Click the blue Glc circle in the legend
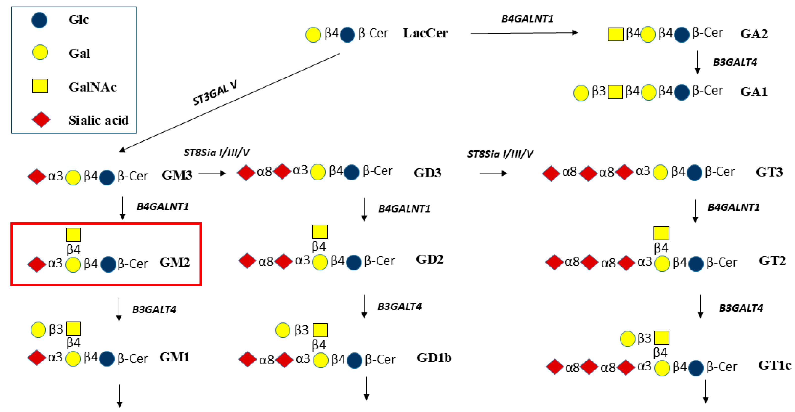[40, 20]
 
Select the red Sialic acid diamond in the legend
[41, 120]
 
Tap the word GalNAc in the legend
[92, 87]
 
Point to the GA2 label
[754, 34]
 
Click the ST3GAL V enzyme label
[215, 93]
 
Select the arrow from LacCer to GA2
[524, 33]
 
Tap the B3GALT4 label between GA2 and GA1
[735, 62]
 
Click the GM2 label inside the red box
[174, 262]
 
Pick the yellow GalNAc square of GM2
[73, 235]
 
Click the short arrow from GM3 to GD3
[212, 173]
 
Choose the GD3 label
[427, 173]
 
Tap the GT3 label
[769, 172]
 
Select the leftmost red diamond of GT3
[551, 173]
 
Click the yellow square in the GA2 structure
[615, 34]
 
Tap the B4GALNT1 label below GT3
[733, 207]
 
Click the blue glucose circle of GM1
[107, 359]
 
